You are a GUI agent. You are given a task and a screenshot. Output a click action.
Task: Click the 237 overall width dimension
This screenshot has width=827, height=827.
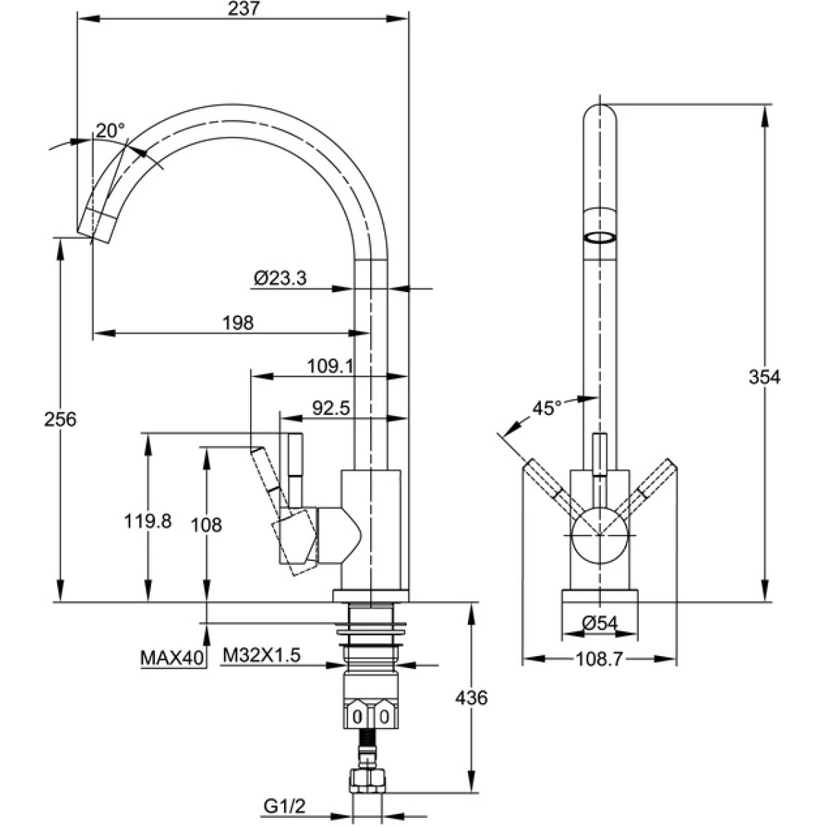[241, 10]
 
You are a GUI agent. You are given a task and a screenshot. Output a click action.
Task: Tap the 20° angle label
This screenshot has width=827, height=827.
[110, 130]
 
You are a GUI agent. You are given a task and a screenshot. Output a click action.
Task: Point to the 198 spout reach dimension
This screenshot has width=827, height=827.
[238, 322]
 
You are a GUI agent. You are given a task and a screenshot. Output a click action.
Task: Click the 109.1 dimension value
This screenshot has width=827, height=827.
[329, 366]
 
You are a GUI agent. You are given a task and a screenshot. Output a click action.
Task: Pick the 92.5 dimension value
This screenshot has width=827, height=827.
[331, 408]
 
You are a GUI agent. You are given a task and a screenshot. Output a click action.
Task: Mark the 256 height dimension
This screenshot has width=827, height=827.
[60, 419]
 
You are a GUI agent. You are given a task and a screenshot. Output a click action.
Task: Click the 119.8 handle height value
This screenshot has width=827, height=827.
[147, 522]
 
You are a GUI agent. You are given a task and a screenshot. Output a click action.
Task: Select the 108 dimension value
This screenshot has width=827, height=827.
[206, 525]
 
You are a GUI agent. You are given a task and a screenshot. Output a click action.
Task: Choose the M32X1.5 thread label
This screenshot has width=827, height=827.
[261, 655]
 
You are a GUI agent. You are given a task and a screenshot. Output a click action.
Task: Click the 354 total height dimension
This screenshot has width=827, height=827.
[764, 377]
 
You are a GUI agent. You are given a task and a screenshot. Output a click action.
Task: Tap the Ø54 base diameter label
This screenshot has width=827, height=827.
[599, 623]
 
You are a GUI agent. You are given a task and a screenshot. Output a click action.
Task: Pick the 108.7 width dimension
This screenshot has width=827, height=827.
[599, 660]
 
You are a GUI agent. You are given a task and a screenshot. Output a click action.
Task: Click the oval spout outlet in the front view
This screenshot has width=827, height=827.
[599, 238]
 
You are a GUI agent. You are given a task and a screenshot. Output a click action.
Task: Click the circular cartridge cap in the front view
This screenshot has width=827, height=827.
[599, 535]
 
